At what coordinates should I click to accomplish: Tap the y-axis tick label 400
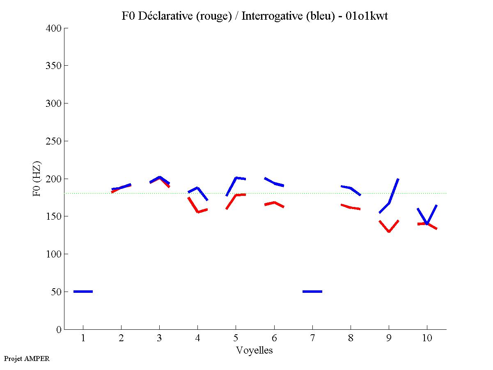[x=53, y=28]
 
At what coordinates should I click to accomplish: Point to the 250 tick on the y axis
[x=53, y=141]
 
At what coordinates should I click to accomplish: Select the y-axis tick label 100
[x=53, y=254]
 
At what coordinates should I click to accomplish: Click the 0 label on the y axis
[x=59, y=329]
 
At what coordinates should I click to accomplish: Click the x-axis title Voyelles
[x=254, y=350]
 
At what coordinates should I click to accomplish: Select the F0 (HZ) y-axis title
[x=37, y=179]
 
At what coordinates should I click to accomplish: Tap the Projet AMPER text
[x=27, y=359]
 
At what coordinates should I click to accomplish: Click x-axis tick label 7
[x=312, y=338]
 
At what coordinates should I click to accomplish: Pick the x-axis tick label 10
[x=427, y=338]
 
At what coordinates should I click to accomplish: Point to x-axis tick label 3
[x=159, y=338]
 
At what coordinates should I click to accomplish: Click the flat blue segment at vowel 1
[x=83, y=292]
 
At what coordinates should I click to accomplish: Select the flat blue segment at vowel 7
[x=312, y=292]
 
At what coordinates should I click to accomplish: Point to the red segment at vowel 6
[x=274, y=202]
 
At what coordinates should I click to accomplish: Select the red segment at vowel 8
[x=351, y=207]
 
